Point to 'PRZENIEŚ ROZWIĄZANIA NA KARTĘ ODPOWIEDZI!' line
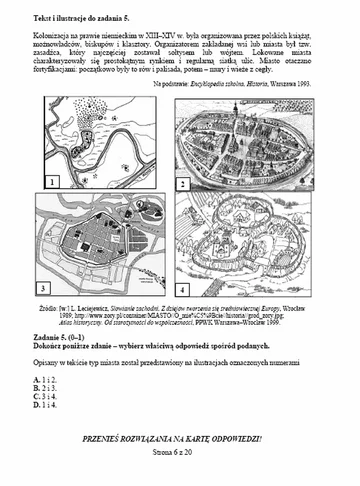tap(180, 439)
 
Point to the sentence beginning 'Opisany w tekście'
tap(160, 364)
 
